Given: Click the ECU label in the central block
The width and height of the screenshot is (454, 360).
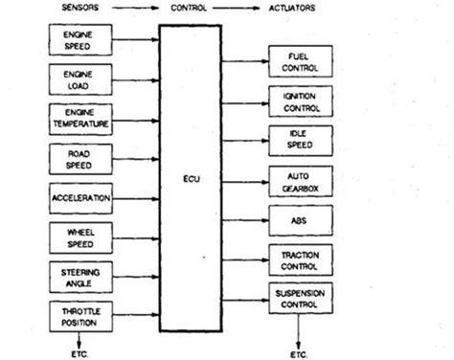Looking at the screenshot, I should tap(189, 178).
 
